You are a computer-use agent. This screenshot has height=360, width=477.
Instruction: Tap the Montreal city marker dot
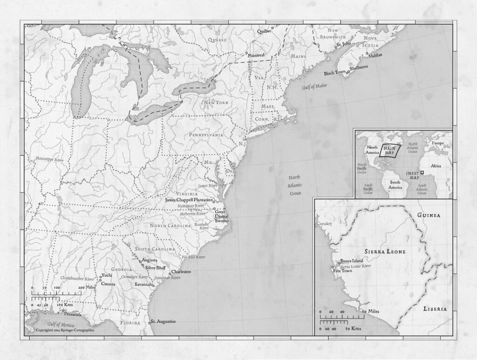point(246,54)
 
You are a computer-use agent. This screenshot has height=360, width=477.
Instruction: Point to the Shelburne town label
point(359,67)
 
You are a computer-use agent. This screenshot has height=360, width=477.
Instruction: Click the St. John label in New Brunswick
point(343,44)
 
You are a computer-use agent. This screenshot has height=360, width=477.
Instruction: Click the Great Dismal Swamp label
point(220,216)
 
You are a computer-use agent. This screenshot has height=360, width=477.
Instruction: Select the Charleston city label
point(181,272)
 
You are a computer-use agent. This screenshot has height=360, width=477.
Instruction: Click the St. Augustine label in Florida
point(164,322)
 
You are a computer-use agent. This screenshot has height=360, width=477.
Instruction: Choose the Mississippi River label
point(49,159)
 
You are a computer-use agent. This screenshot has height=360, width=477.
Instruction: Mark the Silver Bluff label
point(156,268)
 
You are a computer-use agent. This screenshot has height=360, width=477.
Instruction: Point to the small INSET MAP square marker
point(422,173)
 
